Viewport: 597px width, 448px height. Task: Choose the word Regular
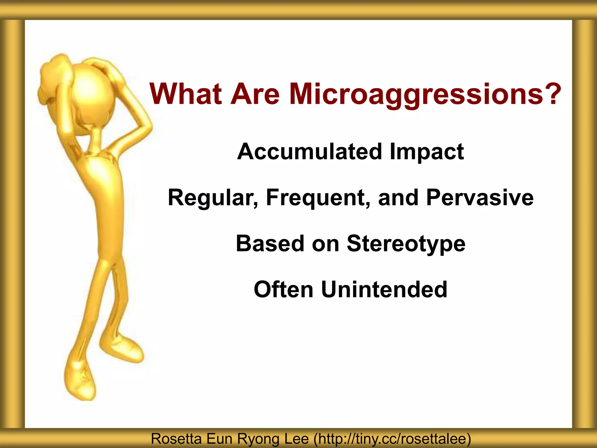(213, 198)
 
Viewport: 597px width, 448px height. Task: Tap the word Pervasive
(480, 198)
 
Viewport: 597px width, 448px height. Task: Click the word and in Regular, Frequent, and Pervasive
(398, 198)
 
